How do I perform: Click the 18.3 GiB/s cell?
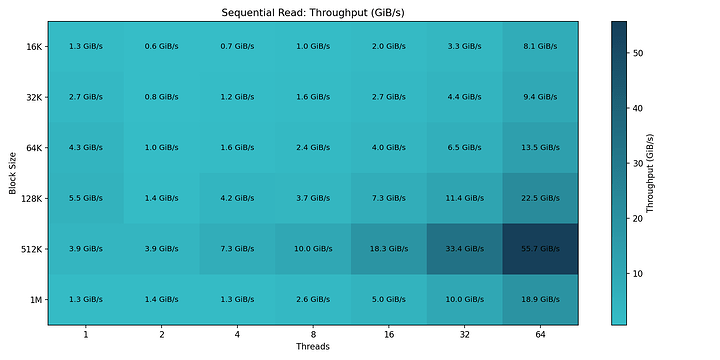click(389, 249)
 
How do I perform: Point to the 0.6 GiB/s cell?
click(162, 47)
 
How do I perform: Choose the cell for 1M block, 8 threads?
click(313, 299)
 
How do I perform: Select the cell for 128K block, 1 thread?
click(85, 198)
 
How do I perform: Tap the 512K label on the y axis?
click(31, 249)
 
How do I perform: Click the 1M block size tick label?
click(35, 299)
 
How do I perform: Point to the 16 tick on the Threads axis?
click(389, 334)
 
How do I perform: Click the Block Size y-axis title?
click(11, 173)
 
